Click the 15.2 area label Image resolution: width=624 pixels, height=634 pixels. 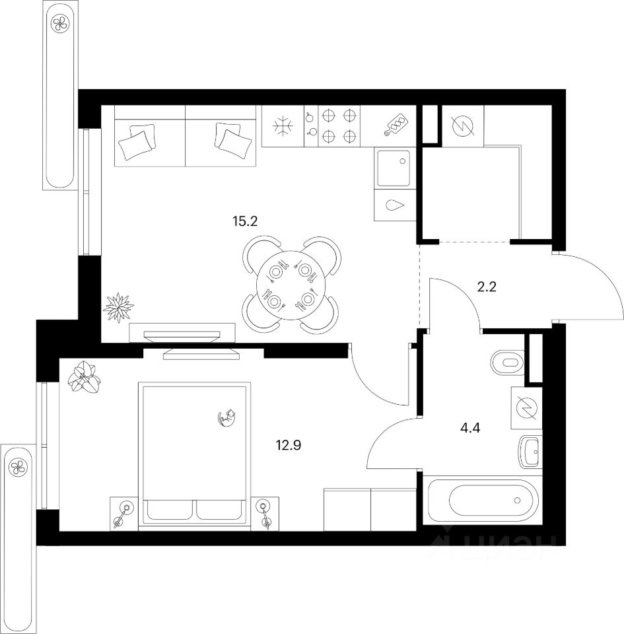[244, 221]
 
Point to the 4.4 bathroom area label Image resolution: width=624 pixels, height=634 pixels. [469, 426]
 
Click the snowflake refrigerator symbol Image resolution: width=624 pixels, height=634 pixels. [283, 126]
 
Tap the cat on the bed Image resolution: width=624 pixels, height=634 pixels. [227, 417]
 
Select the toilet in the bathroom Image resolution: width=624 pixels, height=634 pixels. [507, 361]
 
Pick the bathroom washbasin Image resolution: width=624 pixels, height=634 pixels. [530, 451]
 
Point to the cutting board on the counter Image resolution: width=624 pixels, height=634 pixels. [396, 125]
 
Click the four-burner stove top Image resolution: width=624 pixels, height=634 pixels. [337, 126]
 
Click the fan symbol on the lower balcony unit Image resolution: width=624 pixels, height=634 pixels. [18, 468]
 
